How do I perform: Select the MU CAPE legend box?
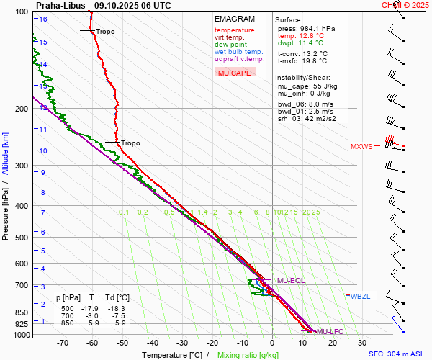(x=235, y=73)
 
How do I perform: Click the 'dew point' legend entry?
(x=230, y=45)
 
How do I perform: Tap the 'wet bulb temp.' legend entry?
(x=238, y=52)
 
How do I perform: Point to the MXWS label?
(x=361, y=147)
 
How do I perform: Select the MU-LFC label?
(x=331, y=331)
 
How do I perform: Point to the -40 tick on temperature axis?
(x=153, y=343)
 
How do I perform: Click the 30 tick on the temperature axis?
(x=362, y=343)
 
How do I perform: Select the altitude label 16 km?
(x=43, y=19)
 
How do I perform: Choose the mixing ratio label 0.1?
(x=124, y=212)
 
